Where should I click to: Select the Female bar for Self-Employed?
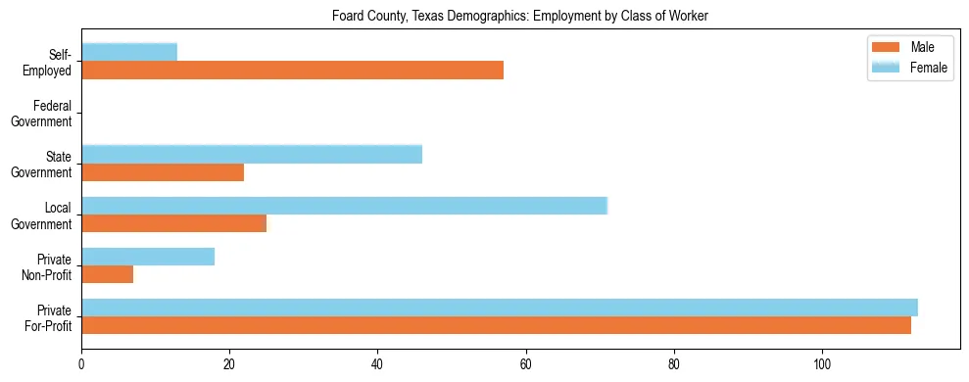(x=129, y=52)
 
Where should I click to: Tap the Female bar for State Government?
(x=252, y=154)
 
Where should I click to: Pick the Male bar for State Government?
(x=163, y=172)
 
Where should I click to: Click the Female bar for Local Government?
(x=344, y=205)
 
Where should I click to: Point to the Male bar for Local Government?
(x=173, y=223)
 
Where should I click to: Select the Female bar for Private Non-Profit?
(x=148, y=257)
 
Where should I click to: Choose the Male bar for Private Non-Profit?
(x=107, y=274)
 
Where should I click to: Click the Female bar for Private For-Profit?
(x=500, y=308)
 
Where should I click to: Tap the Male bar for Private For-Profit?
(x=496, y=325)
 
